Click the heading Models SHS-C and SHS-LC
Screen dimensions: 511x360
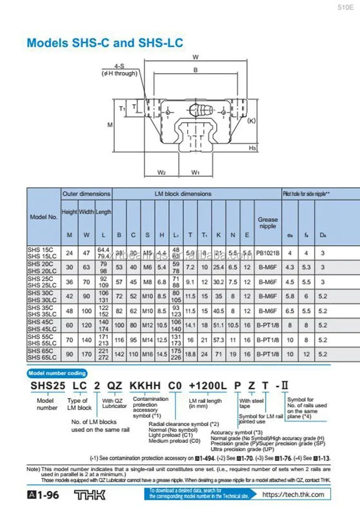click(105, 42)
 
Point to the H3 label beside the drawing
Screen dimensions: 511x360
click(252, 148)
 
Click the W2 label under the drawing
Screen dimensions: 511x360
click(162, 172)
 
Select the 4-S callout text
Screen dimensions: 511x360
click(118, 67)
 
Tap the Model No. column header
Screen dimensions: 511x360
click(44, 217)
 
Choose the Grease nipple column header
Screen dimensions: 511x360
click(267, 222)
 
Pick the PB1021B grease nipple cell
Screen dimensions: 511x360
click(267, 253)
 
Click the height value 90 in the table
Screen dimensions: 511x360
click(70, 354)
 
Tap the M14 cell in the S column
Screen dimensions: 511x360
click(147, 340)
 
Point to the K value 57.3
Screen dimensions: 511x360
click(218, 340)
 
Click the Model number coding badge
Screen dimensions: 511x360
click(57, 373)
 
